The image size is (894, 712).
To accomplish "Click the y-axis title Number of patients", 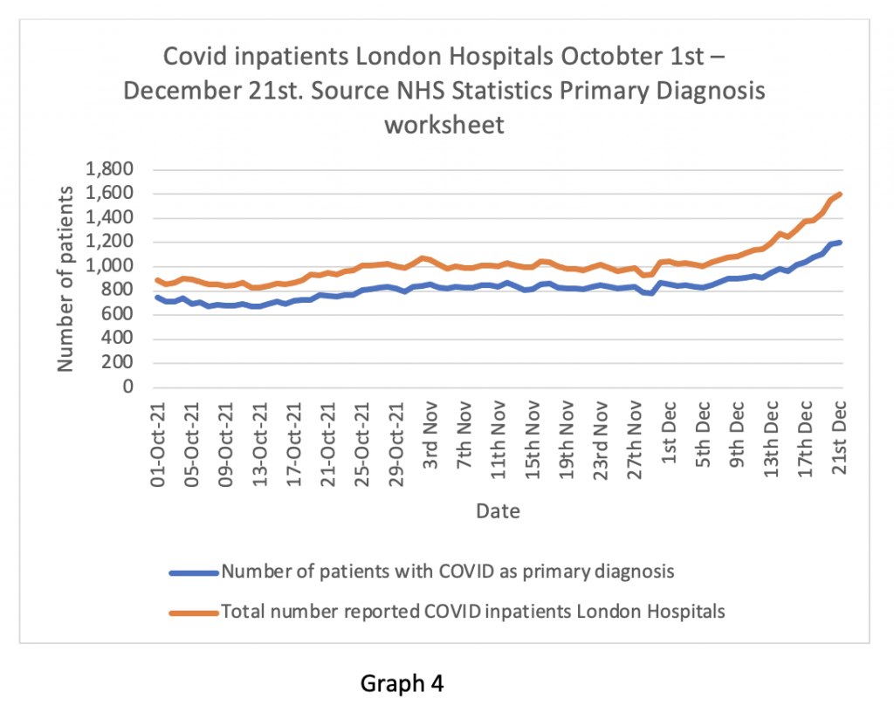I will [66, 277].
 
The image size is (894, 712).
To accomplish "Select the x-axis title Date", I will [498, 511].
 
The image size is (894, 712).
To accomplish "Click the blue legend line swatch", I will [194, 573].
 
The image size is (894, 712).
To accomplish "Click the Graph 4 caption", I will [402, 683].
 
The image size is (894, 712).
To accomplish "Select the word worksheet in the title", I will [444, 125].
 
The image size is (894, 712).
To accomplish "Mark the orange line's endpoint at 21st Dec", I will [841, 194].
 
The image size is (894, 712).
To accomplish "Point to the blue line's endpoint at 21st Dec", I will [841, 242].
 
